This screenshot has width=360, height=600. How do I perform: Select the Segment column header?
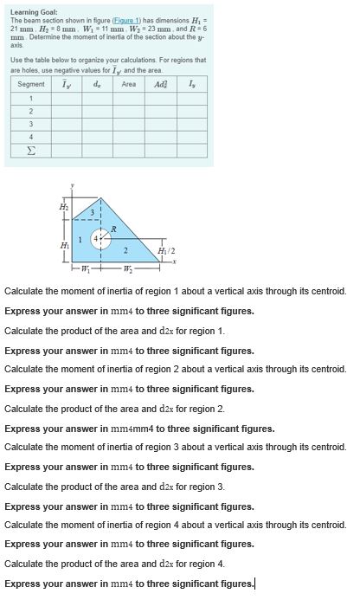tap(31, 84)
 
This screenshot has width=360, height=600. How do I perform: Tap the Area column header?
tap(129, 84)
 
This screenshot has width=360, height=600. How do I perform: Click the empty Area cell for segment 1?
tap(129, 97)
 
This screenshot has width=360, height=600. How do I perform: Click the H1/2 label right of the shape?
tap(169, 250)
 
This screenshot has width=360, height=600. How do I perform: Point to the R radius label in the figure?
tap(114, 228)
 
